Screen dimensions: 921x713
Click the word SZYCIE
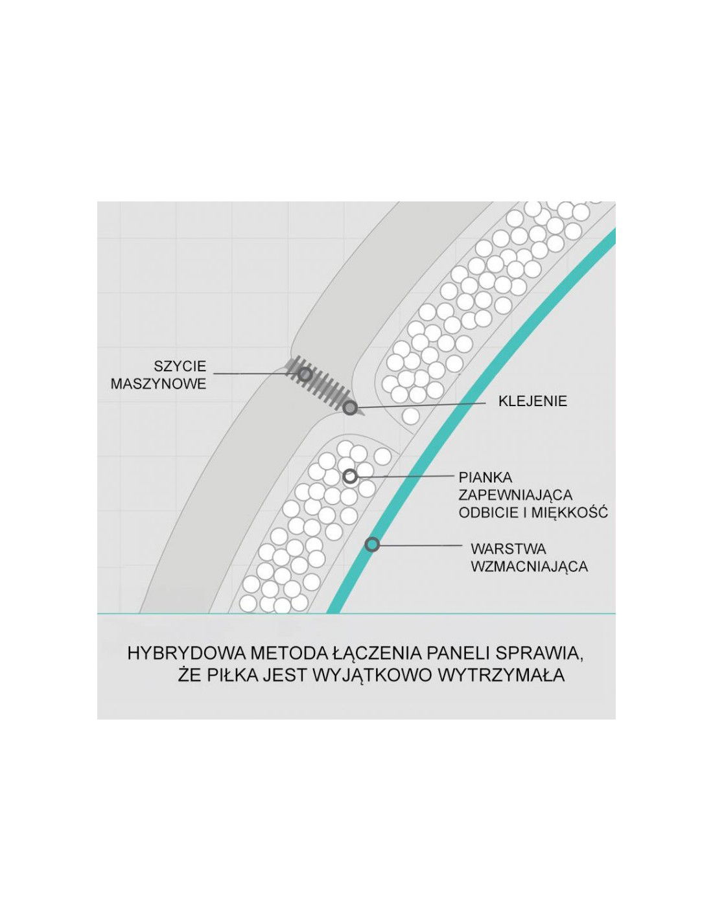(180, 365)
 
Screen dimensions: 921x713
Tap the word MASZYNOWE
(158, 383)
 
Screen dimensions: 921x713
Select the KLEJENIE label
(533, 401)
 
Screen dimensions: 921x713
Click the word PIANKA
(485, 477)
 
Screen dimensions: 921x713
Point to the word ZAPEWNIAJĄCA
(515, 495)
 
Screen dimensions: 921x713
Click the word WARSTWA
(508, 549)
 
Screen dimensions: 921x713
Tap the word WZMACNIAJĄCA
(529, 566)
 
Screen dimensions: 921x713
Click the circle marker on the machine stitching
(304, 374)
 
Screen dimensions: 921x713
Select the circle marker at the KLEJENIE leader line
(350, 408)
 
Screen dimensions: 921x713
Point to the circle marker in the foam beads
(350, 477)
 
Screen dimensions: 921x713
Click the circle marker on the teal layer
(372, 544)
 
